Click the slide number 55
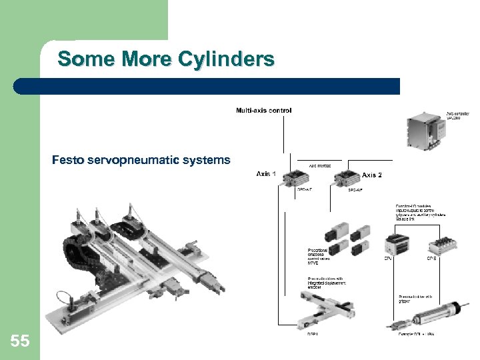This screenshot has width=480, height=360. tap(20, 342)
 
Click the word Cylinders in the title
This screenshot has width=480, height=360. tap(226, 59)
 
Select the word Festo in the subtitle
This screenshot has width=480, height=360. tap(67, 160)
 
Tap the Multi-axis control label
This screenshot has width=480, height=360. tap(263, 111)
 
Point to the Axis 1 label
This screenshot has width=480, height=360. tap(267, 174)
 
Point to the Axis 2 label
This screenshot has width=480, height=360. tap(372, 175)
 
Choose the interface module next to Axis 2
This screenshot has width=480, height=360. tap(347, 178)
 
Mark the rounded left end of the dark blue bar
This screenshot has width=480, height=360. tap(20, 87)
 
